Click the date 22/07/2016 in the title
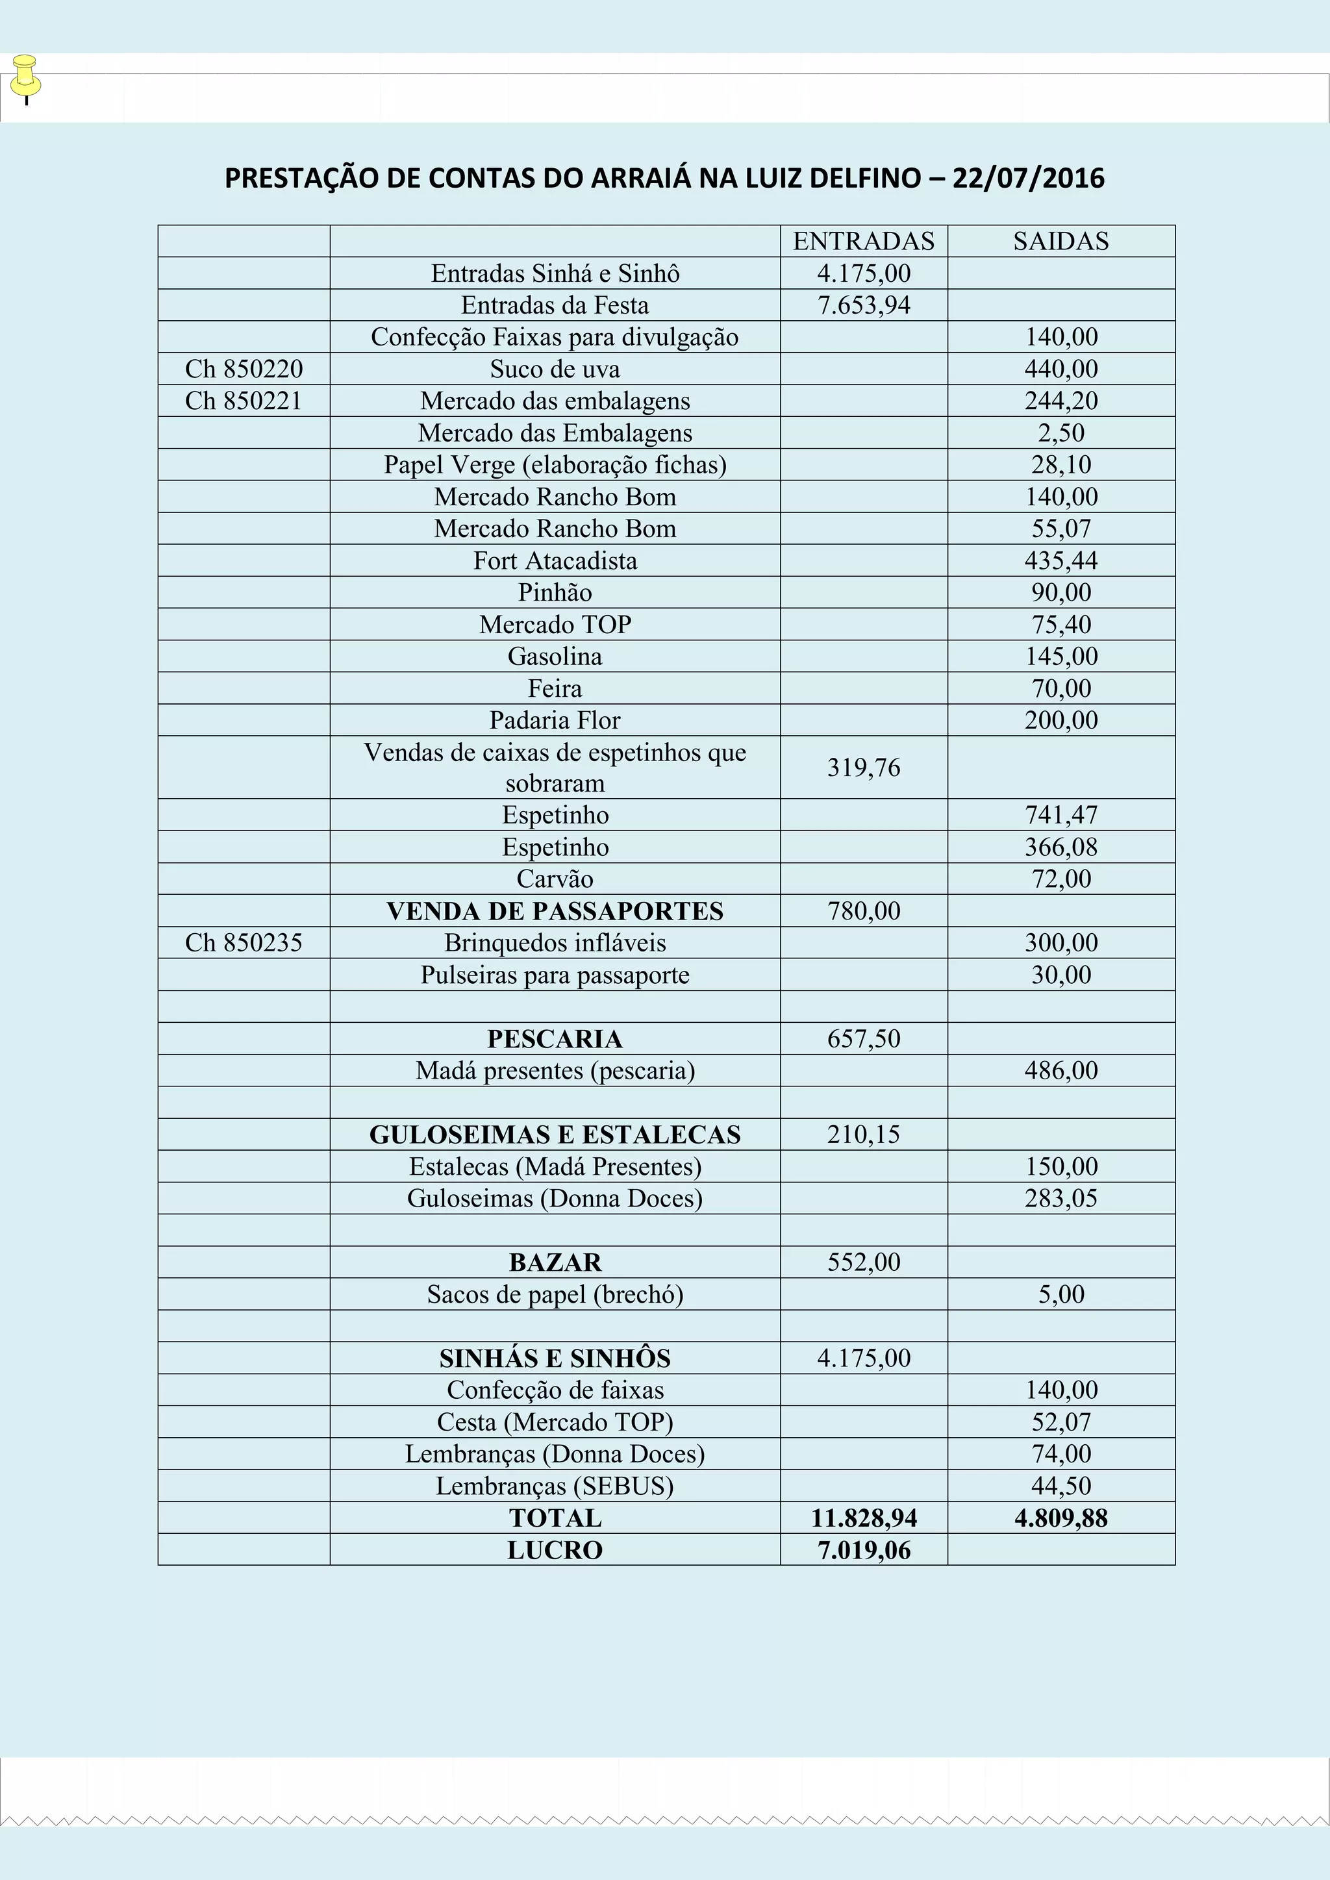1028,179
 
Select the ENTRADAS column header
863,242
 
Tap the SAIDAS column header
1060,242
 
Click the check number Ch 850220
244,370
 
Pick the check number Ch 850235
244,944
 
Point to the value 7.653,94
864,305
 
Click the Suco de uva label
555,370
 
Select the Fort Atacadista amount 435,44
1060,561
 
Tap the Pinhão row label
555,593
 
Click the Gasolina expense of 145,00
1060,657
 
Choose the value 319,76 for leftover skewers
863,768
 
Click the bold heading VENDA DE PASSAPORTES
555,911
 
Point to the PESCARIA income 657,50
863,1039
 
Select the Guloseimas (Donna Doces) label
555,1199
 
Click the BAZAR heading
555,1262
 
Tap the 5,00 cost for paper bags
1060,1294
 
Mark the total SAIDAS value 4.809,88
1060,1518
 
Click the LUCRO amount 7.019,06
864,1550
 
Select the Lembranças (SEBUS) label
555,1486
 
